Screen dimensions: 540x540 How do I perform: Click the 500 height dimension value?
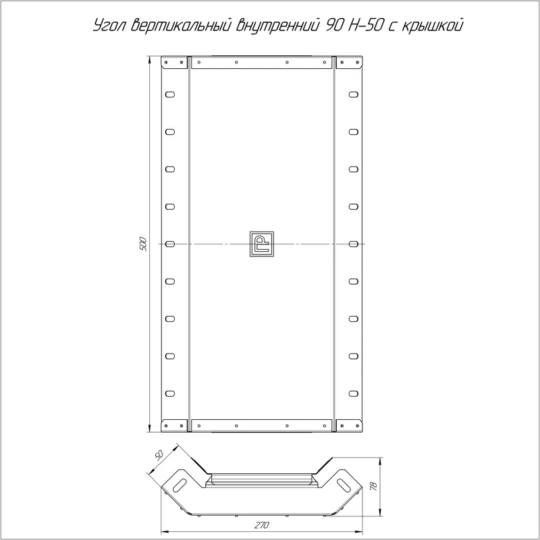(144, 244)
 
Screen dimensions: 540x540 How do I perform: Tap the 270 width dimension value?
(262, 525)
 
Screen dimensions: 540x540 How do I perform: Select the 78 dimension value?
(375, 487)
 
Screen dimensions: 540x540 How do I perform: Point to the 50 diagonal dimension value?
(159, 455)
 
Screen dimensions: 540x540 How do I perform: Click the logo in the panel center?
(261, 244)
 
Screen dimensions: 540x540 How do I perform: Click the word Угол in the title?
(110, 26)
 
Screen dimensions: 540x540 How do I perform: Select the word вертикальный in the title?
(180, 25)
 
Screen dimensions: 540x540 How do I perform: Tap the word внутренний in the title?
(277, 26)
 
